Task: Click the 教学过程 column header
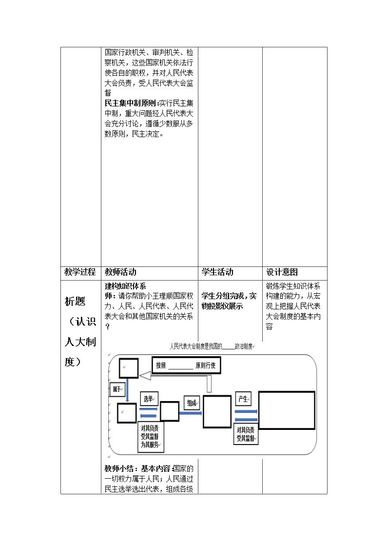point(80,272)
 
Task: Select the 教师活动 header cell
point(120,272)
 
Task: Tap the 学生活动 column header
point(217,272)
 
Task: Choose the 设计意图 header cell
point(282,272)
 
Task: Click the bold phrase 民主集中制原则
point(131,103)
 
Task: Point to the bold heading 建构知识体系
point(125,286)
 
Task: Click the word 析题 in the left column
point(75,301)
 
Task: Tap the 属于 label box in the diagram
point(117,389)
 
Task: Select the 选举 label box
point(149,399)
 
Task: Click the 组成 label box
point(192,403)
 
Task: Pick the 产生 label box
point(243,399)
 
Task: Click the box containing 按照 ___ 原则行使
point(186,365)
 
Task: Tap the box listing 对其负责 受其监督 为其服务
point(150,437)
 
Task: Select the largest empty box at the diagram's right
point(287,410)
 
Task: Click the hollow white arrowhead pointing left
point(145,376)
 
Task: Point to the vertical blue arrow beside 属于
point(127,390)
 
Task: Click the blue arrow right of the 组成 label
point(191,413)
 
